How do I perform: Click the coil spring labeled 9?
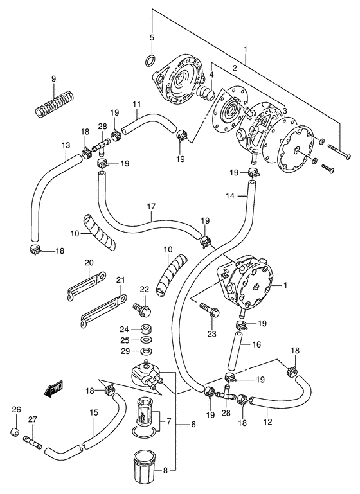tap(54, 103)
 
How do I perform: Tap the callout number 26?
tap(16, 410)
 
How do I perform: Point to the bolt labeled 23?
tap(210, 310)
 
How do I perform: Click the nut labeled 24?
tap(145, 330)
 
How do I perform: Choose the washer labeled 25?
tap(146, 340)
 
